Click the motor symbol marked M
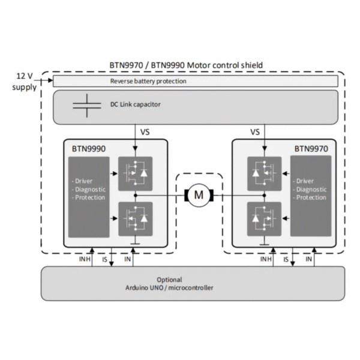[x=199, y=195]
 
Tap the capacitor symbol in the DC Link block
[x=87, y=106]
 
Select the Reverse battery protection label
[x=148, y=81]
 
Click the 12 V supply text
[x=25, y=82]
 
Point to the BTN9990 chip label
[x=89, y=149]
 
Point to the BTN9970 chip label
[x=311, y=149]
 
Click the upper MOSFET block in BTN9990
[x=135, y=173]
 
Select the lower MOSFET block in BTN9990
[x=135, y=219]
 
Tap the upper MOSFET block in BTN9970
[x=264, y=173]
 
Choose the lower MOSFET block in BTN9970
[x=264, y=219]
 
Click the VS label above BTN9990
[x=145, y=132]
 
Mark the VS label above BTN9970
[x=255, y=132]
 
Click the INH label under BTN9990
[x=85, y=259]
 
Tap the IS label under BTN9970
[x=286, y=259]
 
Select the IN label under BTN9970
[x=308, y=259]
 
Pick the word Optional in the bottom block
[x=169, y=280]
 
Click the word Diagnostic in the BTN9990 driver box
[x=90, y=190]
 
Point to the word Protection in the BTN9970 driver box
[x=311, y=197]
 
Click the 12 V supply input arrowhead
[x=50, y=80]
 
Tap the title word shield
[x=251, y=65]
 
